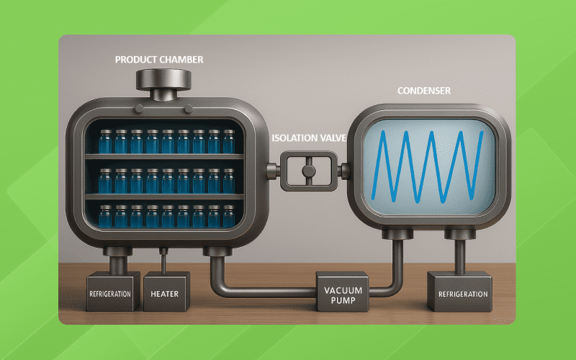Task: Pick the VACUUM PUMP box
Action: (343, 293)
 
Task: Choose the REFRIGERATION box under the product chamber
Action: (112, 293)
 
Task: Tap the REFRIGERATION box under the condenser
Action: (457, 293)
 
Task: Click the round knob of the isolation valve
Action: (309, 171)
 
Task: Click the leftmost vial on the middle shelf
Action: (105, 180)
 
